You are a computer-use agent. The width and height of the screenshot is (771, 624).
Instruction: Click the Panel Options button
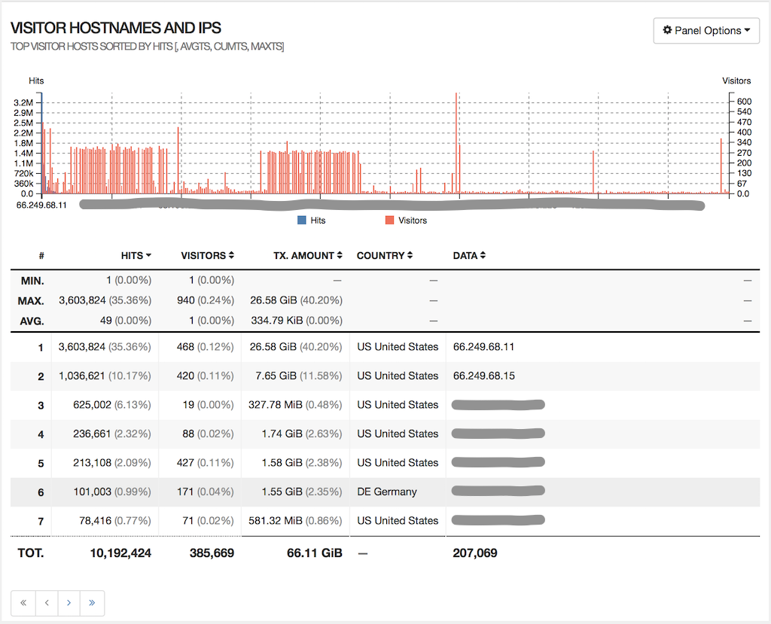[x=706, y=31]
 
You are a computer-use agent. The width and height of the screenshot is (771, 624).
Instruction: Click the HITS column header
[x=136, y=256]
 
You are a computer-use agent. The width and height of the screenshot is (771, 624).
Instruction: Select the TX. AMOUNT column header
[x=306, y=256]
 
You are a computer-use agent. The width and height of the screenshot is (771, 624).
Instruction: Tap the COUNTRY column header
[x=385, y=256]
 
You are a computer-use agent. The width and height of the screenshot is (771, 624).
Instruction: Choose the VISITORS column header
[x=207, y=256]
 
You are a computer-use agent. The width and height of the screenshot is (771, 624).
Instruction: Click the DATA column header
[x=468, y=256]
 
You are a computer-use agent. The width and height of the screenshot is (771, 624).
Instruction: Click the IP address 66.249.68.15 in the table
[x=484, y=376]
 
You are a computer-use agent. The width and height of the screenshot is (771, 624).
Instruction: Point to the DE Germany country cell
[x=387, y=492]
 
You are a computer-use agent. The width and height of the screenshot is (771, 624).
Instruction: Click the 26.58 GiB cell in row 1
[x=273, y=347]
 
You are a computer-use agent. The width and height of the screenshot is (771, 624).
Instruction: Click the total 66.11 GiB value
[x=315, y=553]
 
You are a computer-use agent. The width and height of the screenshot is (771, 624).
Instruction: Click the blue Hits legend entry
[x=312, y=221]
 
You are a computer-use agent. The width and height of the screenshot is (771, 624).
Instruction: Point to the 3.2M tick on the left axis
[x=23, y=102]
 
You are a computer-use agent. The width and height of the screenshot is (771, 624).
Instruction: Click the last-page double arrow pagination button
[x=92, y=603]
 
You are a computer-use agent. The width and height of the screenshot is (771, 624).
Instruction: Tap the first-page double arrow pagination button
[x=23, y=603]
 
